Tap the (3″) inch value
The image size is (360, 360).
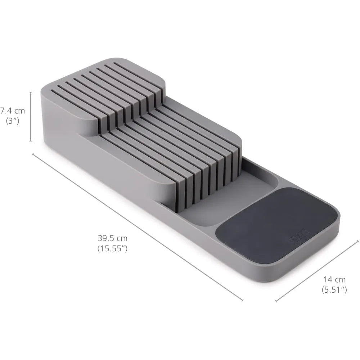(x=13, y=121)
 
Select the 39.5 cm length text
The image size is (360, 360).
(x=112, y=238)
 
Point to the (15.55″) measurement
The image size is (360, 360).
(x=112, y=248)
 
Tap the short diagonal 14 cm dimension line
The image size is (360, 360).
(x=317, y=271)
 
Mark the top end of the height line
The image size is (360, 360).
(x=31, y=92)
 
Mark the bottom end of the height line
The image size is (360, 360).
(x=31, y=141)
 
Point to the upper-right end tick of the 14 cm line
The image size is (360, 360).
(x=357, y=240)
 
